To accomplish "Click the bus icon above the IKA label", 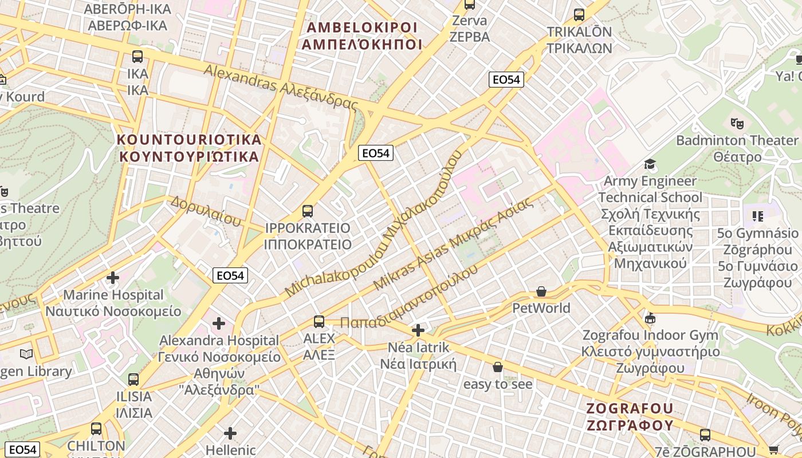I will [x=137, y=57].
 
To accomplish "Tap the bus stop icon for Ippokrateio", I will [x=308, y=211].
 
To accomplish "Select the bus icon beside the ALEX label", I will [x=319, y=322].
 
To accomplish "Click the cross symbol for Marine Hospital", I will [x=113, y=278].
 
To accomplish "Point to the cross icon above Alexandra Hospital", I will [x=219, y=323].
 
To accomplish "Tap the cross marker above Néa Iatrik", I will [x=418, y=330].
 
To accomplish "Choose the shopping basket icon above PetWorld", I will [x=541, y=292].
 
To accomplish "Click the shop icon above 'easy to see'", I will [x=498, y=367].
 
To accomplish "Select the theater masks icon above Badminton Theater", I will [x=737, y=123].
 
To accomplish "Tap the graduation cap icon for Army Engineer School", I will [x=650, y=165].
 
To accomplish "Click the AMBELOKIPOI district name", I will [x=361, y=35].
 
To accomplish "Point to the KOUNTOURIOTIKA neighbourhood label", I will [x=189, y=148].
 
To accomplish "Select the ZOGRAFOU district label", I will [x=630, y=417].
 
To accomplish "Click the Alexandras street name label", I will [x=281, y=87].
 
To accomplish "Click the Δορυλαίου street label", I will [x=205, y=211].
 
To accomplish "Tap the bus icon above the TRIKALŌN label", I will [x=579, y=15].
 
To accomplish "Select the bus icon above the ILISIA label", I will [x=133, y=379].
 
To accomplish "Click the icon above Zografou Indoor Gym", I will [x=650, y=318].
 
